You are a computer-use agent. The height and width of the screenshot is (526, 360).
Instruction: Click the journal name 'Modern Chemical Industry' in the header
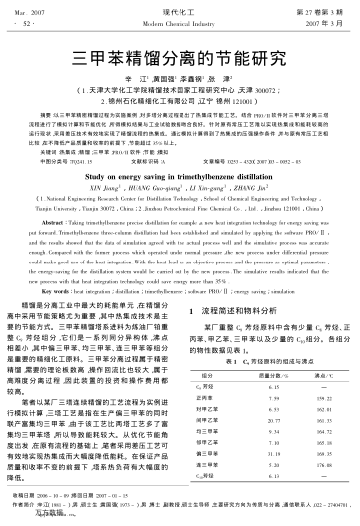(180, 20)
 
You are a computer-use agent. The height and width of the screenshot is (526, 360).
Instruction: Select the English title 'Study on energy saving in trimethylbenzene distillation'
(180, 200)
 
